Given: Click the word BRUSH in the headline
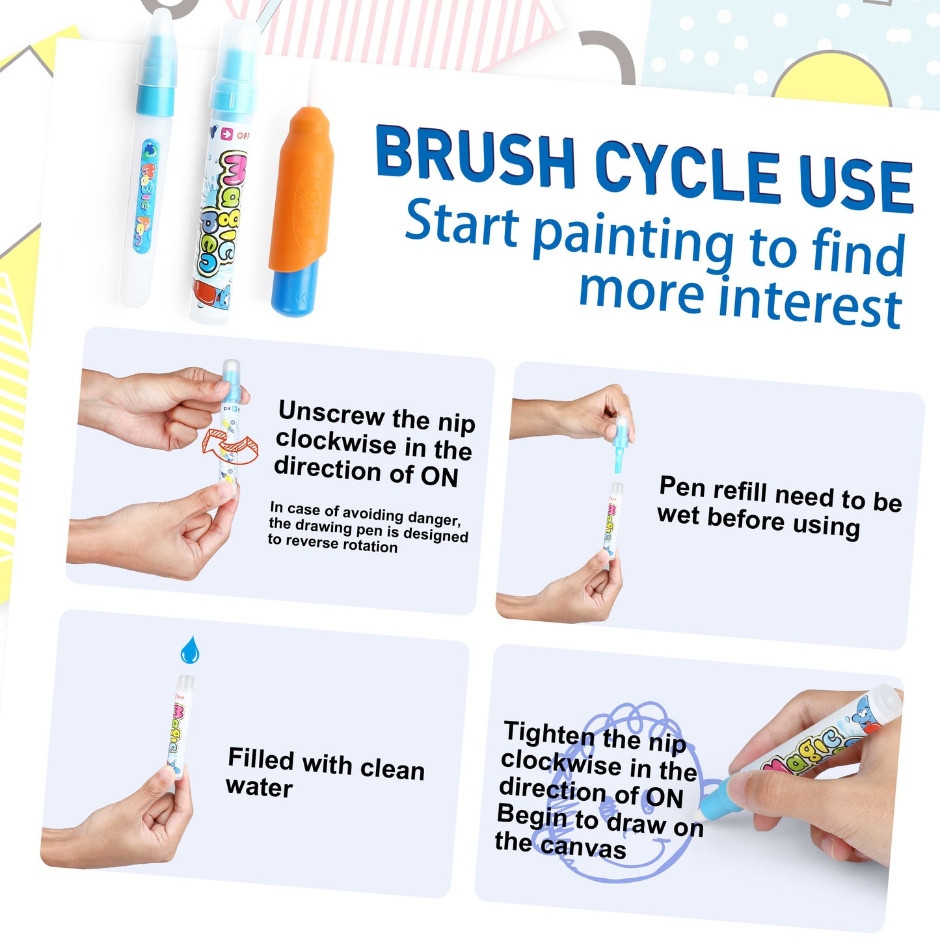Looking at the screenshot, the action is (x=476, y=157).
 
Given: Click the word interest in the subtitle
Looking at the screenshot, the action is (x=811, y=306).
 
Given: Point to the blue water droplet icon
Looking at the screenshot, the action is (x=190, y=649).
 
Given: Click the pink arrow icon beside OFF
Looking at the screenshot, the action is (x=226, y=133).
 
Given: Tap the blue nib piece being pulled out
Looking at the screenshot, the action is (x=619, y=444).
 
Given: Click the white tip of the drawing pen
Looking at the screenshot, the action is (x=699, y=814).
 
